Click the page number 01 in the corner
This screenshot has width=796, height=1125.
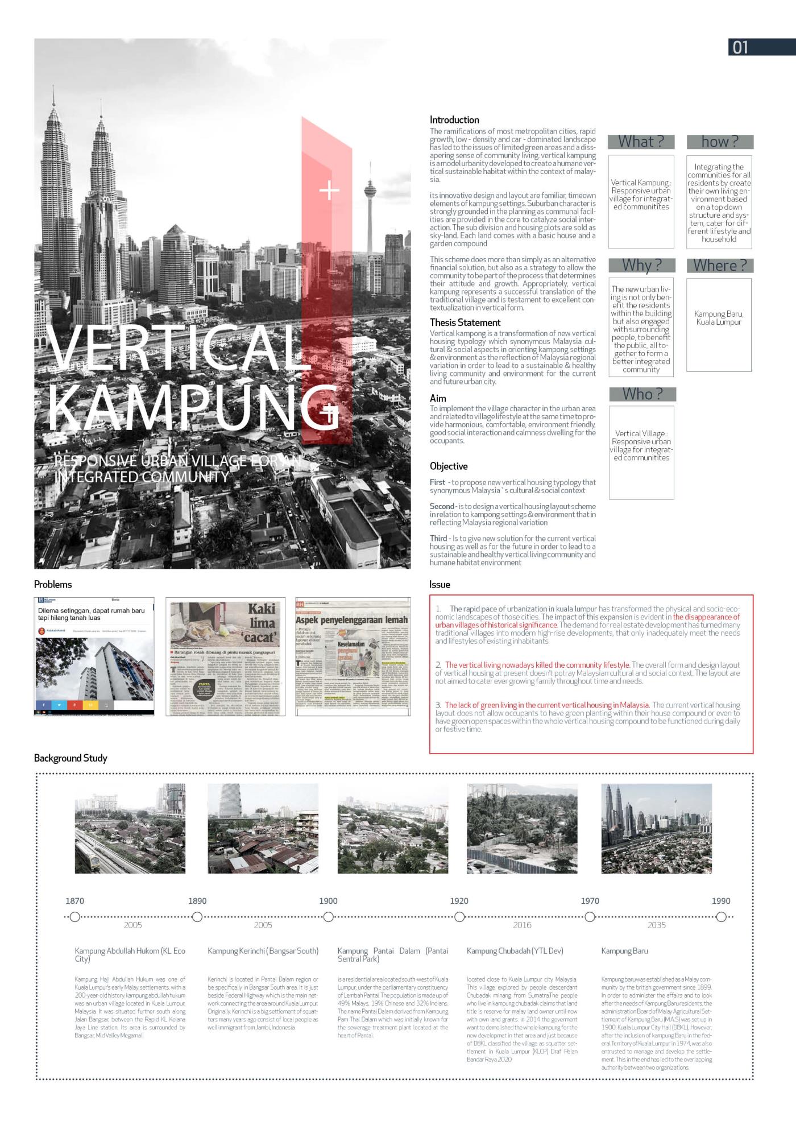[x=740, y=47]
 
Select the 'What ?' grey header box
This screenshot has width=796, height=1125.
[x=641, y=142]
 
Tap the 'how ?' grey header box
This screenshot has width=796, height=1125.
[x=719, y=142]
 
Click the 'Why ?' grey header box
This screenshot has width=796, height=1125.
[x=641, y=266]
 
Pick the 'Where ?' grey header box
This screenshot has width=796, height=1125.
[x=719, y=266]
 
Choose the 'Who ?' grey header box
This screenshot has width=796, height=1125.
[x=642, y=394]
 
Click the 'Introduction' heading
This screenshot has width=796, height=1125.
[x=454, y=120]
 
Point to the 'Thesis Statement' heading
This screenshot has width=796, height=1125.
[x=465, y=322]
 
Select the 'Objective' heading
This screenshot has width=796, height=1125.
[x=449, y=466]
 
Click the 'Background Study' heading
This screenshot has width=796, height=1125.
[x=71, y=758]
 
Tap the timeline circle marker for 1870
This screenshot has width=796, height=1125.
[x=75, y=917]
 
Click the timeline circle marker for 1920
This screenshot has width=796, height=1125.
[x=459, y=917]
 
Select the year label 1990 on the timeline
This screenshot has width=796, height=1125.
[x=721, y=901]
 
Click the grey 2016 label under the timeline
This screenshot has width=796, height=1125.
[x=522, y=925]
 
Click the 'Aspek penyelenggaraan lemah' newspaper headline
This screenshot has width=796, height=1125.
[x=351, y=620]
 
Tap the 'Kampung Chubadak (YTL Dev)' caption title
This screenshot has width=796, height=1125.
[x=515, y=951]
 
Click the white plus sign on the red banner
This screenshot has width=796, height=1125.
[x=329, y=190]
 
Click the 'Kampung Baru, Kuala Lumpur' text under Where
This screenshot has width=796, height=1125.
[x=719, y=318]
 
